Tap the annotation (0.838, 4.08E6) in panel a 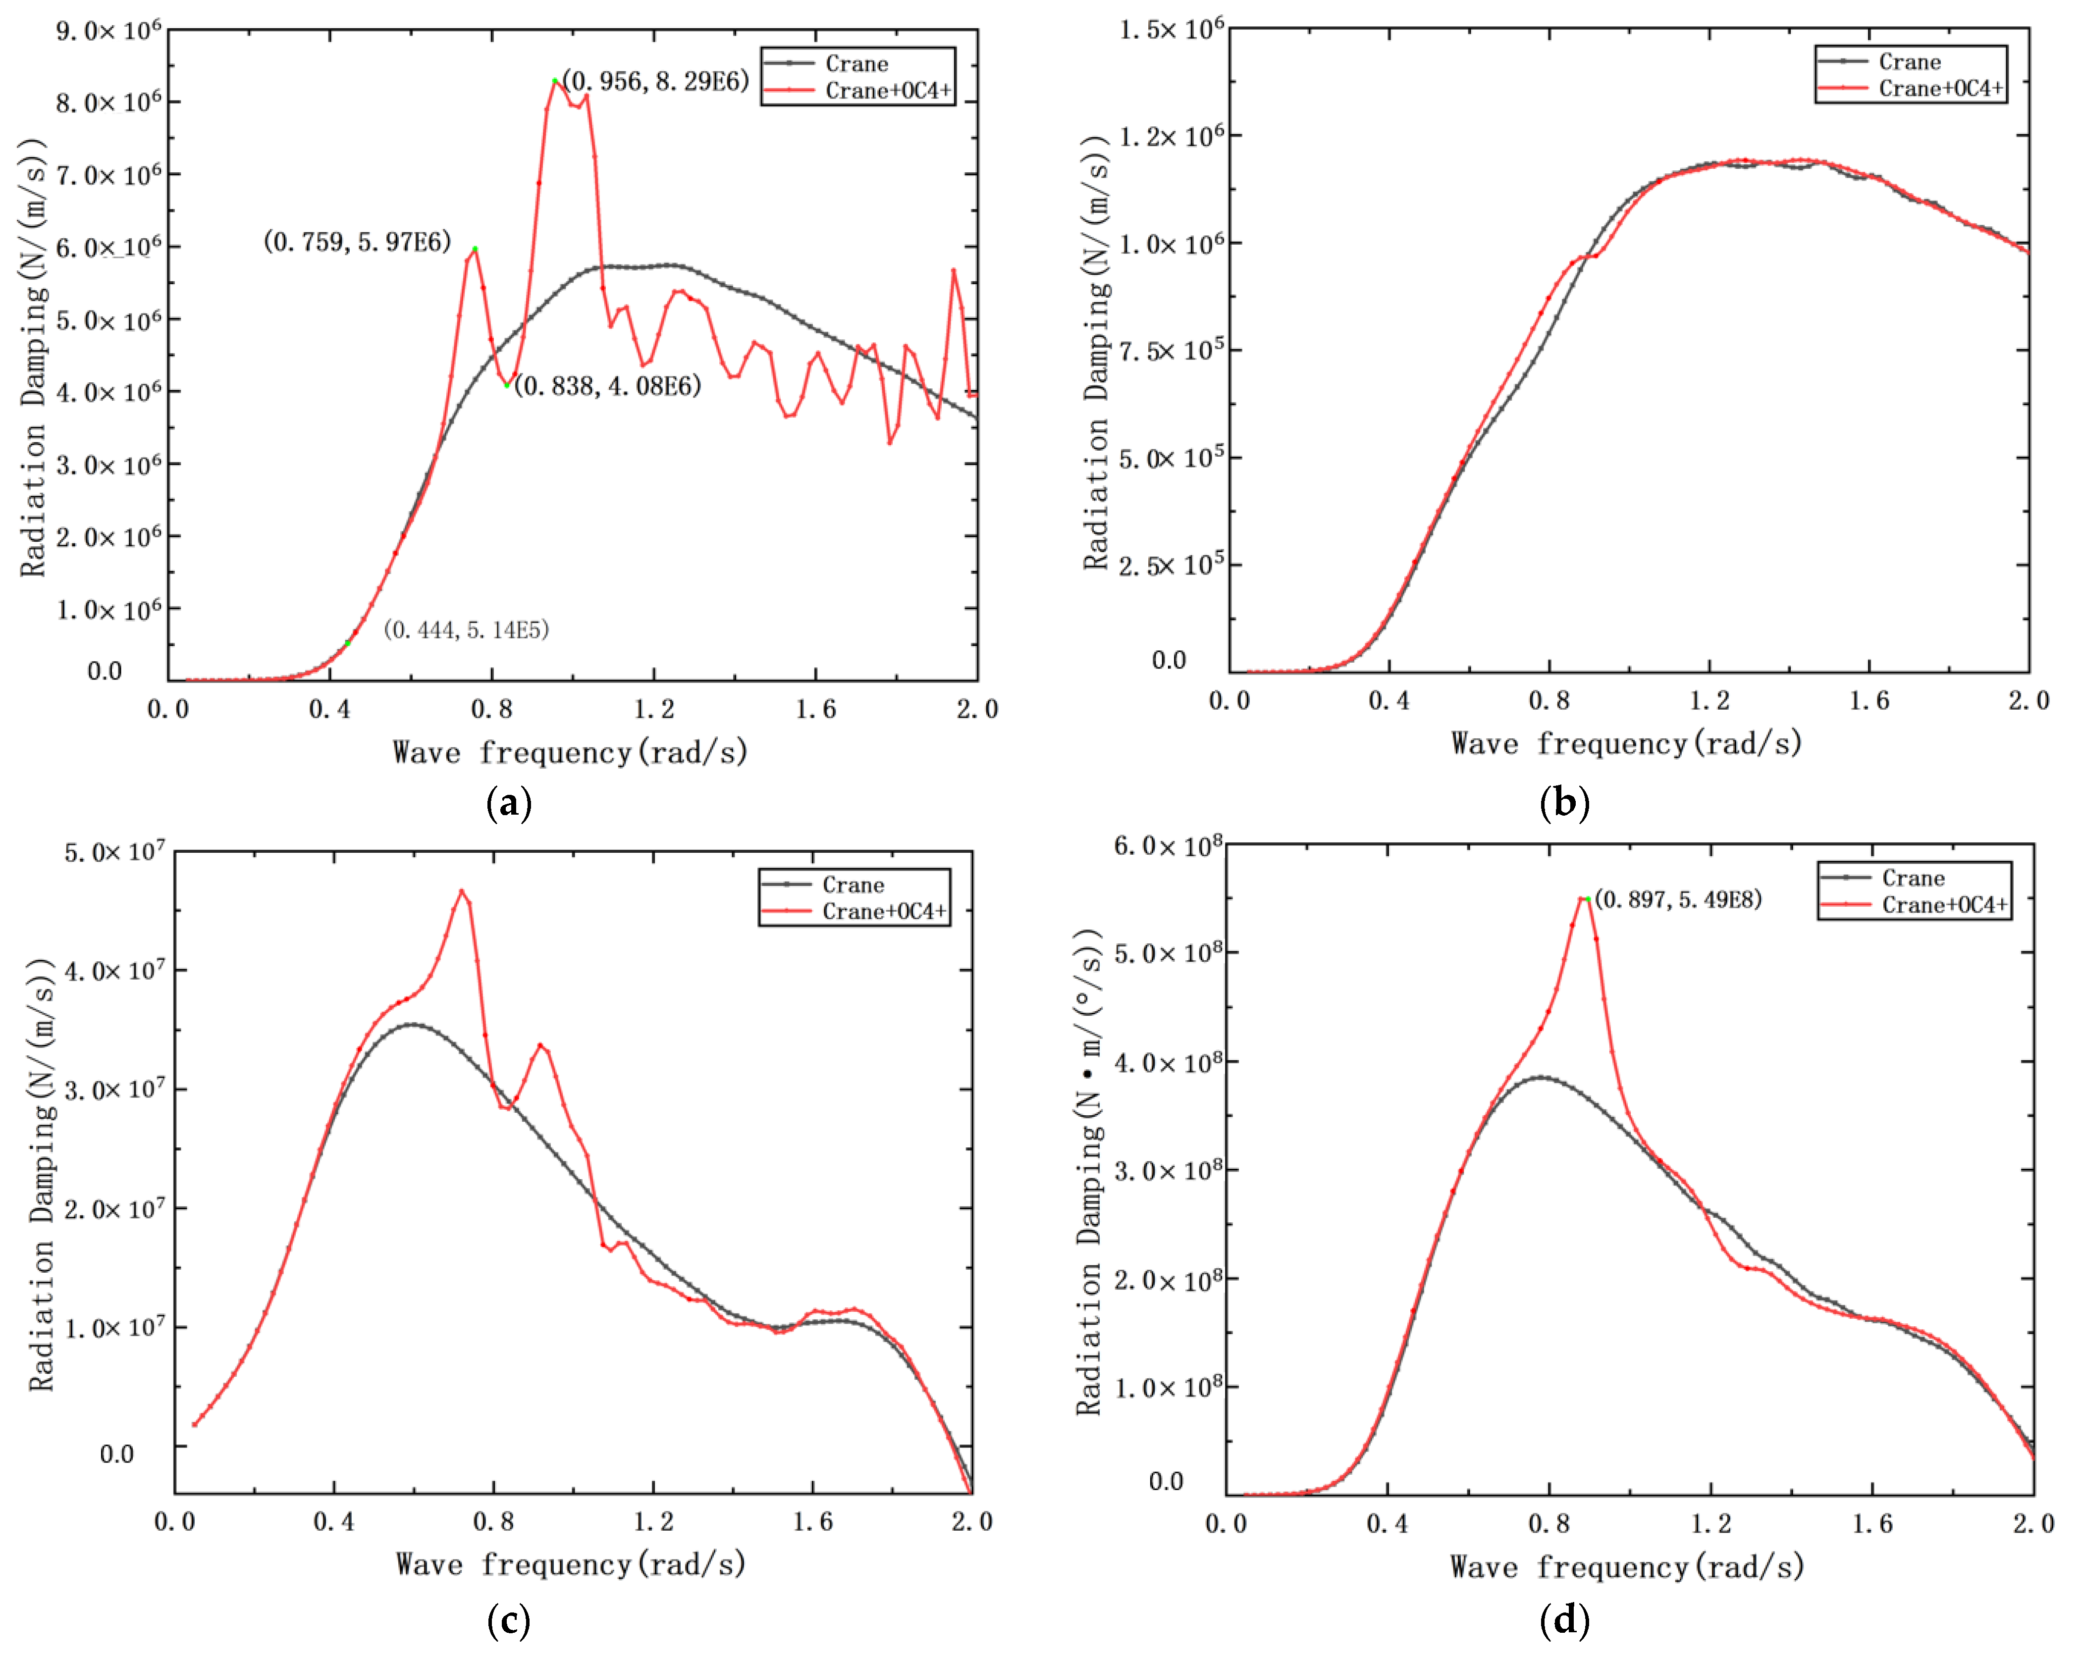point(607,386)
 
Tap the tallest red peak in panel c point(462,891)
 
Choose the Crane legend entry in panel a point(855,64)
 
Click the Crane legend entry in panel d point(1912,878)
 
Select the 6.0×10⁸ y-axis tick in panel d point(1167,846)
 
